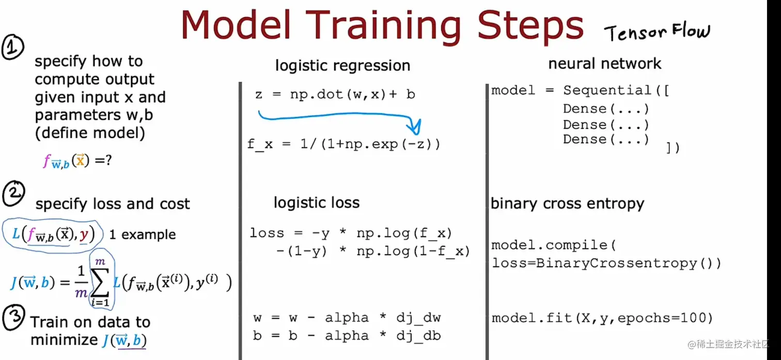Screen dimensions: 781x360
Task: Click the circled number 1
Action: (x=12, y=47)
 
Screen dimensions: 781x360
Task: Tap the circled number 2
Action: (x=13, y=193)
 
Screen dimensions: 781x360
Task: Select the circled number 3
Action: (x=13, y=317)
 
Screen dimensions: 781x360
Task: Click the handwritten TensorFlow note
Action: (x=657, y=32)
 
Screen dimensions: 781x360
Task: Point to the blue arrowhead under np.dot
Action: (x=415, y=127)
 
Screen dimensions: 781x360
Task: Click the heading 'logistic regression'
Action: (x=343, y=66)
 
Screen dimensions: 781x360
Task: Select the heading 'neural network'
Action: (x=604, y=64)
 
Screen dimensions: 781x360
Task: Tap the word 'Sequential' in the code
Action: (x=607, y=90)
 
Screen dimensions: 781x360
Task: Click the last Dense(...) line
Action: (x=605, y=139)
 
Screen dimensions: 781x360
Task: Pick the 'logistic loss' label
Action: (x=316, y=202)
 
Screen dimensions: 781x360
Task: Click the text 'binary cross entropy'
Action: (x=567, y=204)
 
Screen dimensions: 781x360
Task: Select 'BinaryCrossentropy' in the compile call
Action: (x=616, y=263)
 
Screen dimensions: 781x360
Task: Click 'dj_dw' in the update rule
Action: (x=418, y=318)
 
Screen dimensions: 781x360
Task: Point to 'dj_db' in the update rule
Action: (x=418, y=336)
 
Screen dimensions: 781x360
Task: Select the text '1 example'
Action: (x=142, y=234)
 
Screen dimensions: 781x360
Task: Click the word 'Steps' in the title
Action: (x=530, y=25)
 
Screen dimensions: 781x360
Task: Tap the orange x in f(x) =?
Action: (x=80, y=160)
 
